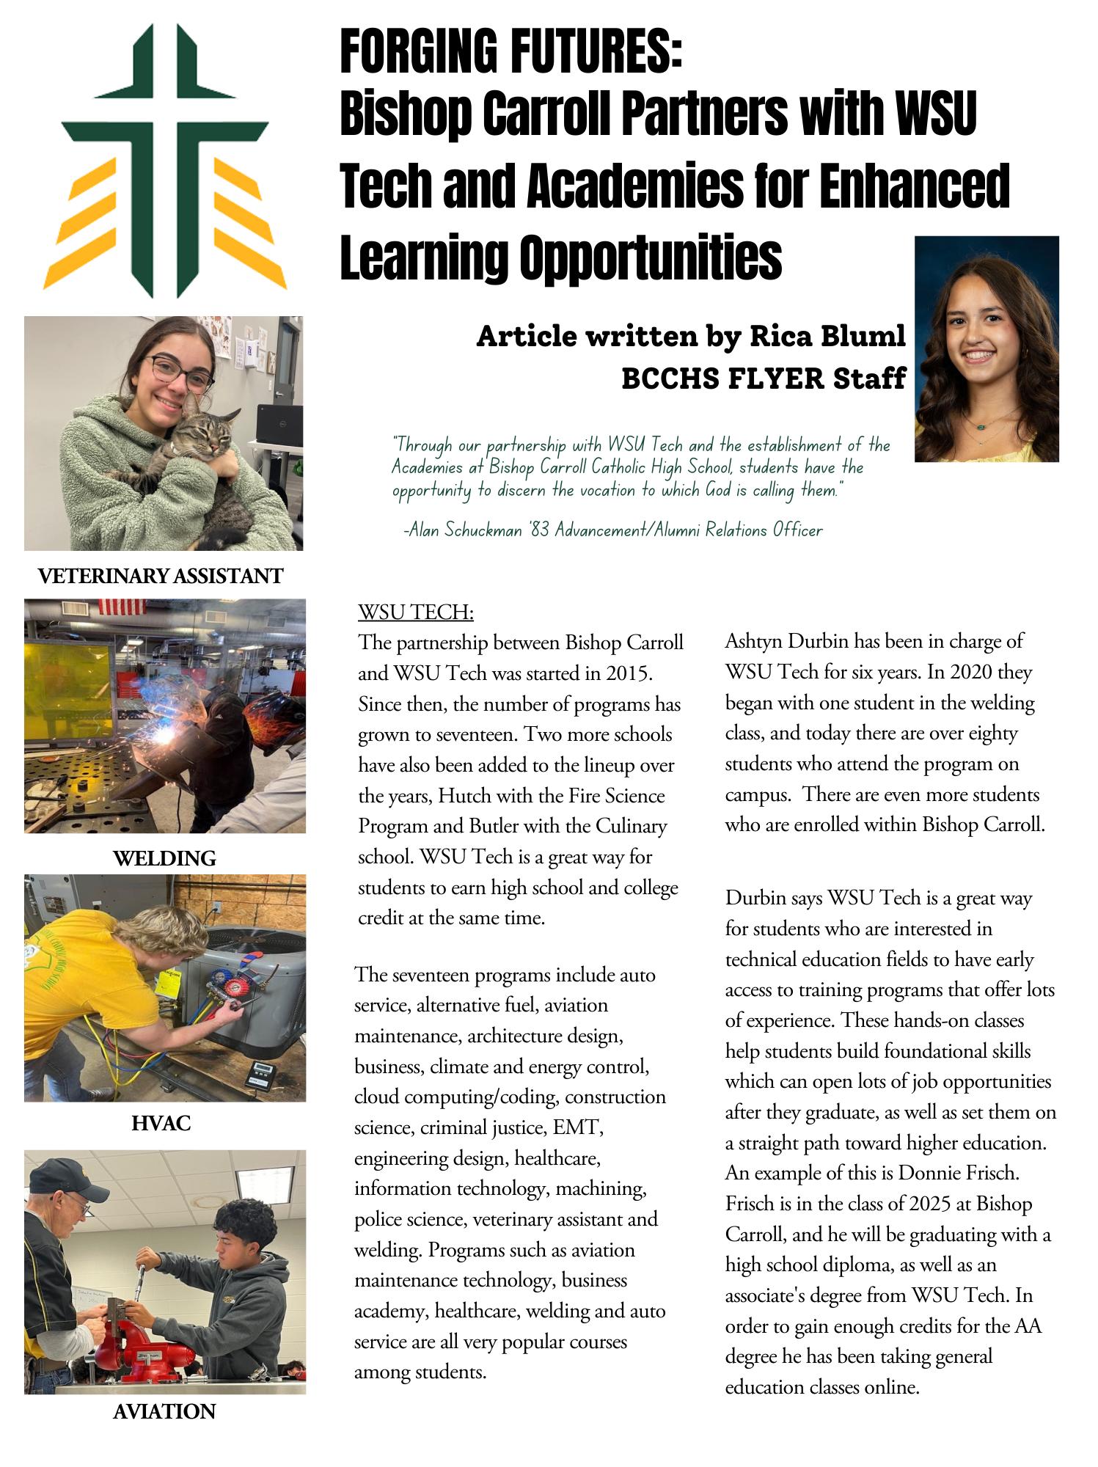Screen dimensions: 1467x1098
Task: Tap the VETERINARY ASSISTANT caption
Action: tap(161, 577)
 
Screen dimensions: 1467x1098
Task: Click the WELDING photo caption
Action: tap(164, 858)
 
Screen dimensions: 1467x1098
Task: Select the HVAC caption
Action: tap(161, 1123)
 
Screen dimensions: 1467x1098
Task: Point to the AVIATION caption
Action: tap(164, 1411)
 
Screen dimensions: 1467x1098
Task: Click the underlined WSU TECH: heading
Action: tap(416, 612)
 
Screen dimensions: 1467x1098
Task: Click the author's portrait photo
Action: tap(987, 349)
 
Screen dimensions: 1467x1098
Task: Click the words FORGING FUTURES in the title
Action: tap(511, 53)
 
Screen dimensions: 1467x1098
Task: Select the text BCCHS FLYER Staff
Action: tap(764, 378)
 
